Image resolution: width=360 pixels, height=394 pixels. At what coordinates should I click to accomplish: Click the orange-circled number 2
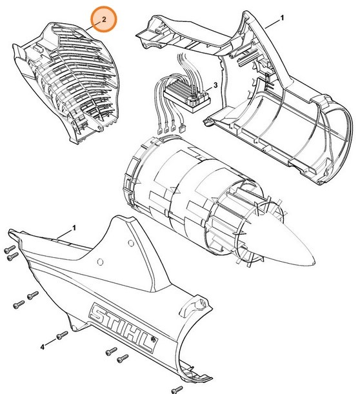[x=103, y=20]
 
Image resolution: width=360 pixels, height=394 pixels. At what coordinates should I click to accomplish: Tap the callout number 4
[x=43, y=347]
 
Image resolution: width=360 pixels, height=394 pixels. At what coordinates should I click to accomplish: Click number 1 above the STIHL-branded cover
[x=74, y=228]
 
